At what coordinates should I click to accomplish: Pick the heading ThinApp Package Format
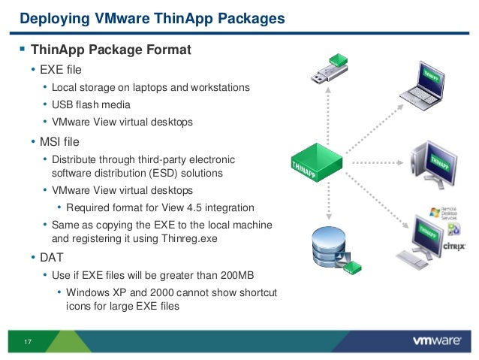[x=111, y=51]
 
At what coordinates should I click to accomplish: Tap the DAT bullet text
[x=52, y=257]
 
